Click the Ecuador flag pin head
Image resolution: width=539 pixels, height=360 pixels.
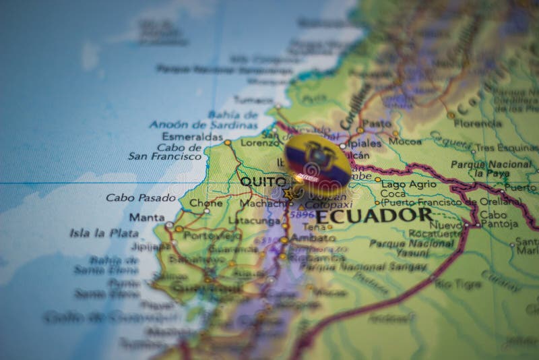[x=317, y=164]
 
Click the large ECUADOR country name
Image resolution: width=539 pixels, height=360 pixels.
[x=373, y=216]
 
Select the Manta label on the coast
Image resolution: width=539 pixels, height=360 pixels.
[x=147, y=217]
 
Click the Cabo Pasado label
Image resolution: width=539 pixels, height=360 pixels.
[x=141, y=198]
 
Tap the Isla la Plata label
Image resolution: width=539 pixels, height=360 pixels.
[x=104, y=233]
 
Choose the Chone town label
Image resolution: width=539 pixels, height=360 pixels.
[x=205, y=202]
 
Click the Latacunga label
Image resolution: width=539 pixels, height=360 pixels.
[x=254, y=220]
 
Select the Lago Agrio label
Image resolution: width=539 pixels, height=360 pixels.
[x=409, y=183]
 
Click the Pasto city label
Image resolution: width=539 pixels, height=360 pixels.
[x=377, y=123]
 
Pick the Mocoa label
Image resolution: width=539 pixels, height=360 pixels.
[x=405, y=142]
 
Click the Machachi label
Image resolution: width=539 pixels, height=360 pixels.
[x=264, y=202]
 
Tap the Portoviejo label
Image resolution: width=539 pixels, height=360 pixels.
[x=212, y=236]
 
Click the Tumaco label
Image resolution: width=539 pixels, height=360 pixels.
[x=253, y=100]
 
